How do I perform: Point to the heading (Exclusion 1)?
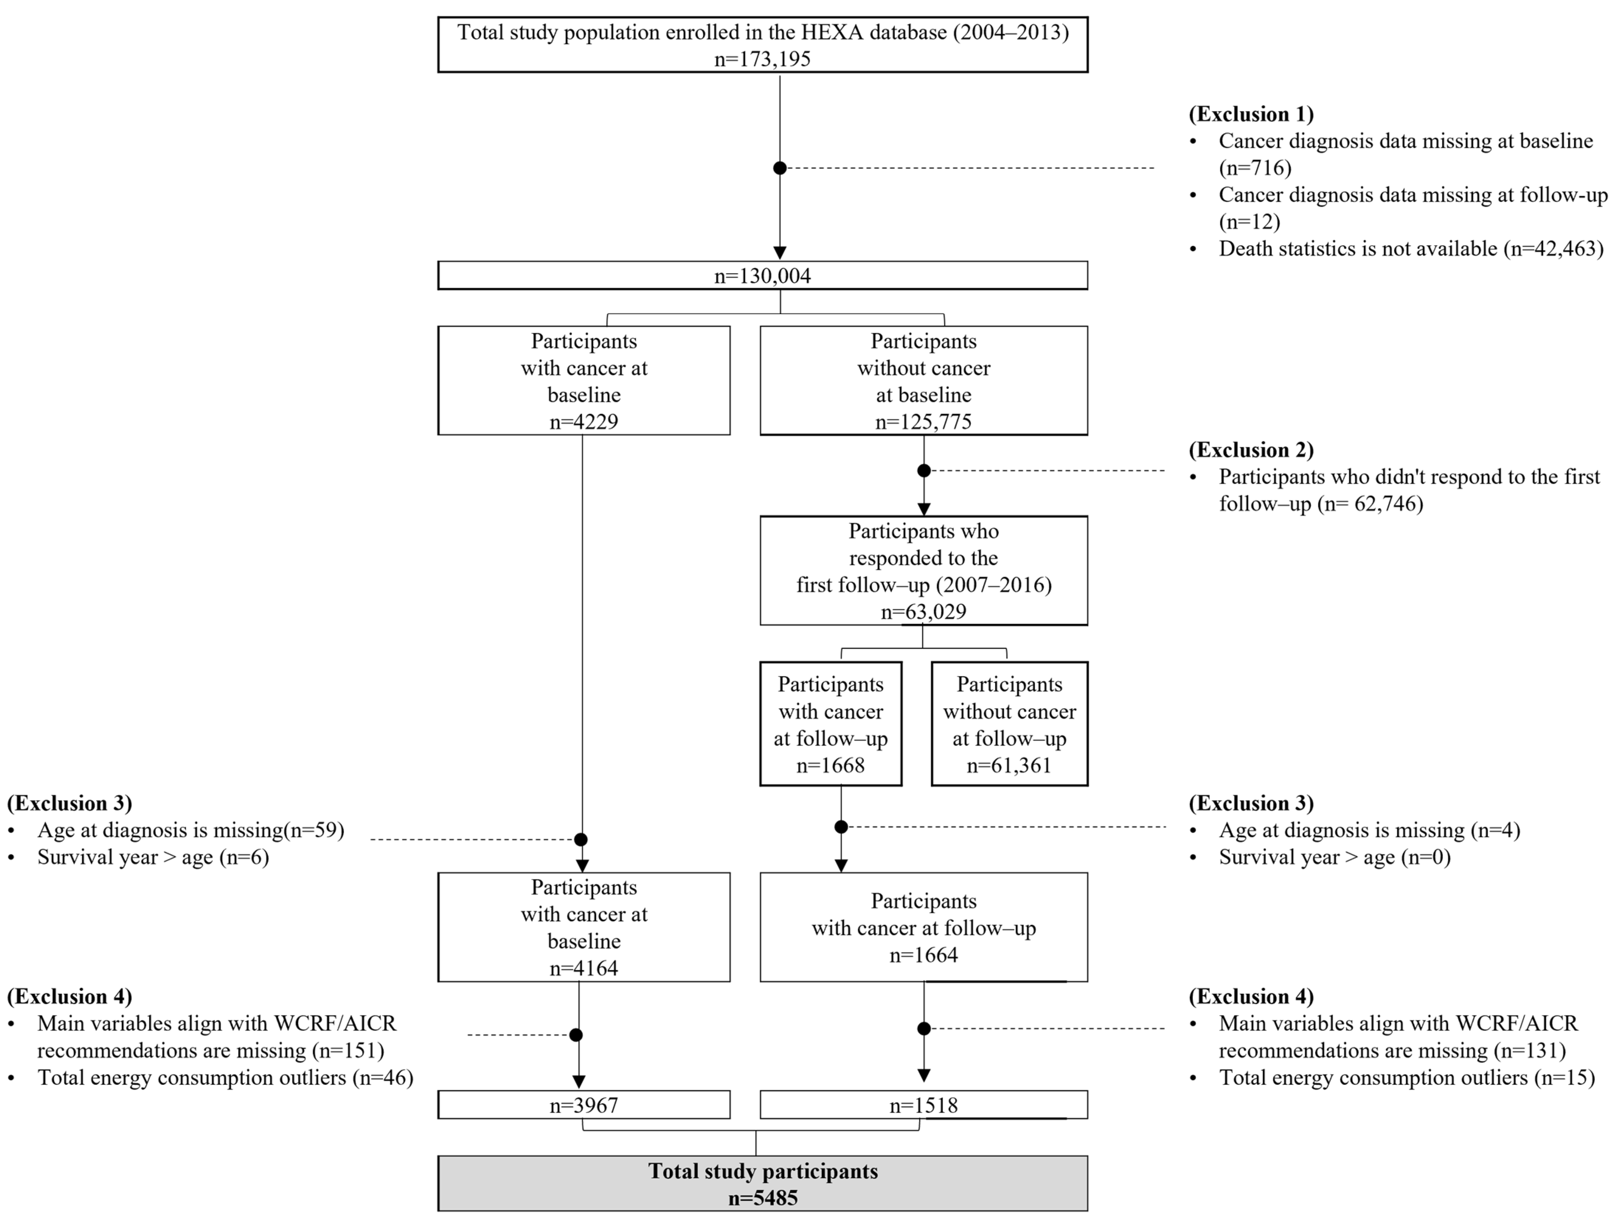point(1251,114)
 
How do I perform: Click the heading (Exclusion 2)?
point(1251,450)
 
